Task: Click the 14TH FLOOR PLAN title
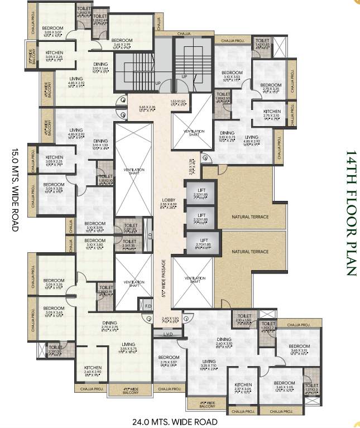[x=350, y=213]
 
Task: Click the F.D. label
[x=148, y=305]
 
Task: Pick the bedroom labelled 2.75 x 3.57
[x=168, y=360]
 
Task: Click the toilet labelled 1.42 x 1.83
[x=262, y=44]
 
